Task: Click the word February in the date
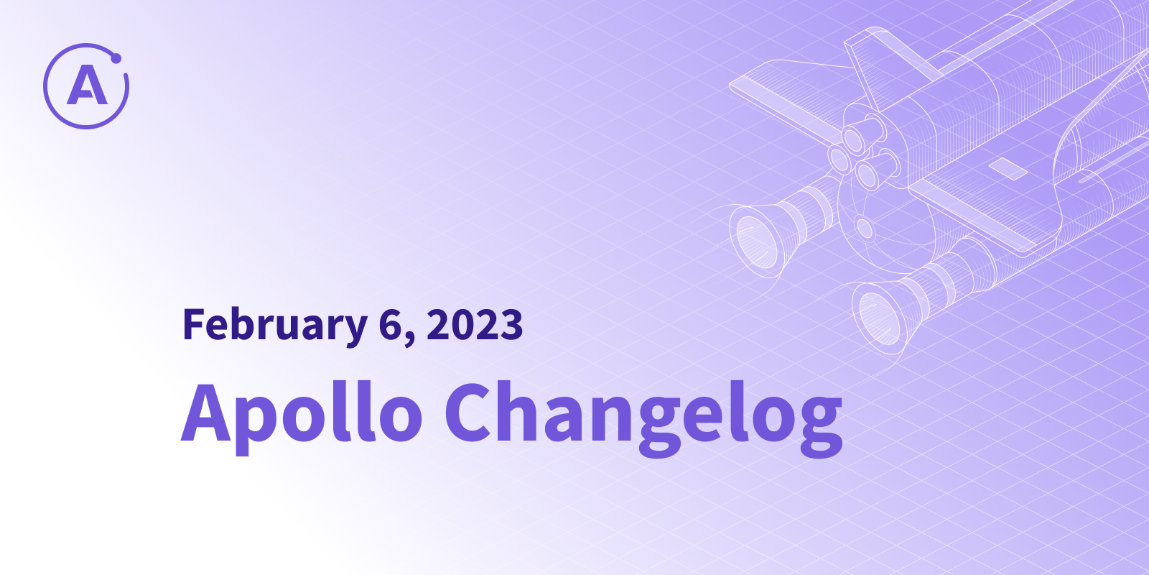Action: pos(275,325)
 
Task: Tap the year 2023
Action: pos(475,324)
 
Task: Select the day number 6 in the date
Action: pos(391,325)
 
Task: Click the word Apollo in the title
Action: pos(302,417)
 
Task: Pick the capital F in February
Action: pos(195,324)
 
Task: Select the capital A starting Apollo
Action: pos(205,413)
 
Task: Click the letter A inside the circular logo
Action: pos(87,86)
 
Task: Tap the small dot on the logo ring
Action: pos(116,58)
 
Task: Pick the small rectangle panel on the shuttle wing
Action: pos(1008,170)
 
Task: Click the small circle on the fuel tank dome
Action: pos(865,229)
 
